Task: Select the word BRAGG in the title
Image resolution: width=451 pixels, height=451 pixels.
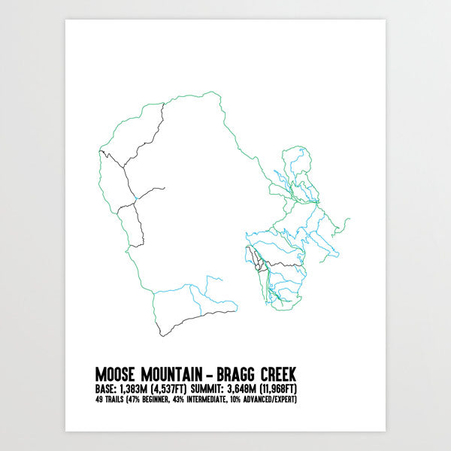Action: click(240, 374)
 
